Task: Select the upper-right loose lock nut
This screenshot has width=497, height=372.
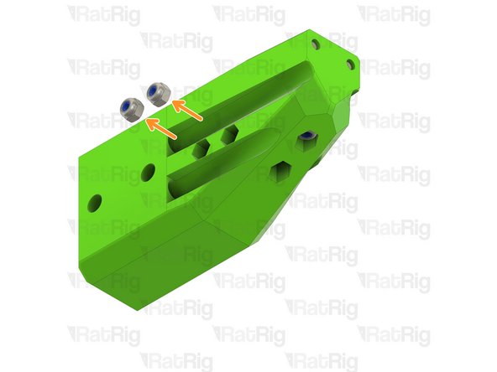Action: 156,93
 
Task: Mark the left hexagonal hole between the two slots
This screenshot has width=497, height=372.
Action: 201,148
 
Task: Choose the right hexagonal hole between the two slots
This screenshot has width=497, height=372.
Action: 228,134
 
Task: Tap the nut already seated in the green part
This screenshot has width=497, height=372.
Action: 307,136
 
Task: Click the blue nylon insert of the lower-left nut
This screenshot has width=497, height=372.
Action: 130,108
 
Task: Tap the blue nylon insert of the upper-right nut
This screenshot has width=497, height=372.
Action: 155,90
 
